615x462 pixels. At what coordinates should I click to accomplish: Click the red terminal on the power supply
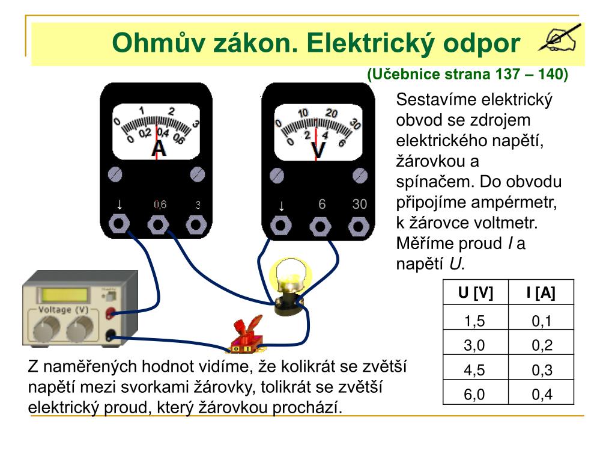click(111, 313)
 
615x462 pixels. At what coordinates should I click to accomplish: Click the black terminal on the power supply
click(111, 337)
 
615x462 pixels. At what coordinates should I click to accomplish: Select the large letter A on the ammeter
click(159, 148)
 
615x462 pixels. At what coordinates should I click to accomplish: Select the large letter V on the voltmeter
click(318, 150)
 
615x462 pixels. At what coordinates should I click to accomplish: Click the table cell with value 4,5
click(474, 370)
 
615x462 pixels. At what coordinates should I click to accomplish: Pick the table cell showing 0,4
click(541, 395)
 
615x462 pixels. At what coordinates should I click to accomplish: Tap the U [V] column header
click(475, 293)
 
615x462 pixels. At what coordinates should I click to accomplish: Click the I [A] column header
click(541, 293)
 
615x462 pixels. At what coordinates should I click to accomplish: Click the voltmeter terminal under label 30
click(359, 227)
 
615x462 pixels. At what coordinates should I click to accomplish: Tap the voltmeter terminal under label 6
click(321, 227)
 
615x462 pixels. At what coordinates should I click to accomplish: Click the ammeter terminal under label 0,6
click(159, 226)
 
